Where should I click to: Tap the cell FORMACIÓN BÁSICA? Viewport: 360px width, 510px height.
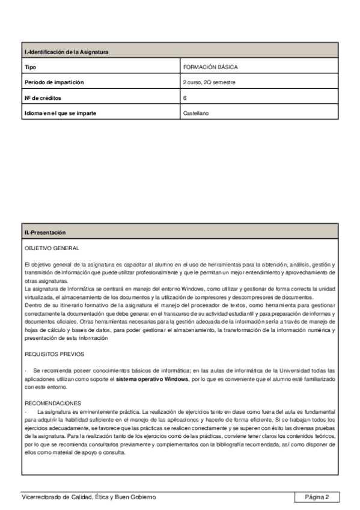click(206, 67)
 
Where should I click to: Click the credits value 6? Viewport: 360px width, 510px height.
click(185, 97)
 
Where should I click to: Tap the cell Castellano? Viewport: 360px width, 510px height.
click(196, 112)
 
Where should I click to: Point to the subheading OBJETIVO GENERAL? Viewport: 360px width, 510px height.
click(52, 248)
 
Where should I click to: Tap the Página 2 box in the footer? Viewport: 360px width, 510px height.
click(317, 497)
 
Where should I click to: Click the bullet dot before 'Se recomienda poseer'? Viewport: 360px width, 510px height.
click(26, 370)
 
